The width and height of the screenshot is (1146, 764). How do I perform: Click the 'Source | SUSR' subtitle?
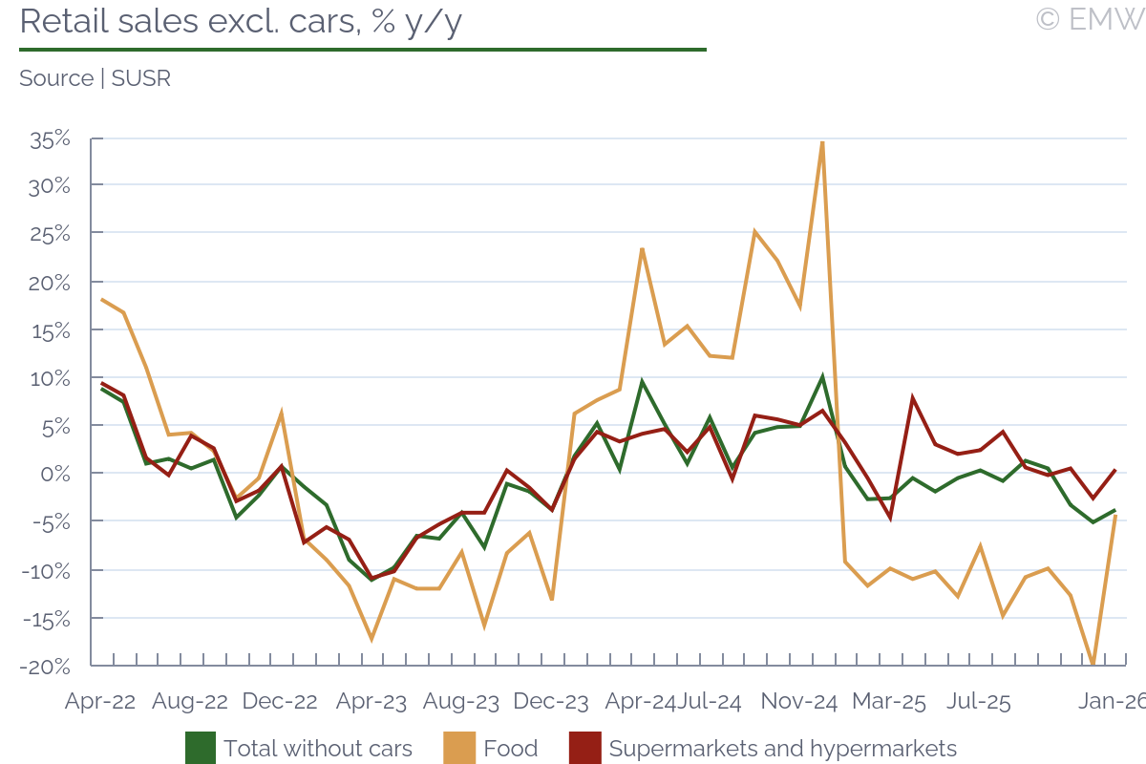(95, 78)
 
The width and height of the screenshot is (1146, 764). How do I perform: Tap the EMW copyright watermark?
(1090, 19)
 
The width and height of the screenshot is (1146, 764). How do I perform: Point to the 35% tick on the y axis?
(51, 138)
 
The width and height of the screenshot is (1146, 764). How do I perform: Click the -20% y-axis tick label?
(49, 666)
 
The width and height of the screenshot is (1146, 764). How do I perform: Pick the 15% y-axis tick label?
(51, 330)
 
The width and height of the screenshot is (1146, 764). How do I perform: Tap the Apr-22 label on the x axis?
(100, 701)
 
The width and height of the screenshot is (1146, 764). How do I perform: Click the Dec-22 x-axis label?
(280, 701)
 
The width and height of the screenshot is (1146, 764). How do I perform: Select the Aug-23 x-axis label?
(461, 701)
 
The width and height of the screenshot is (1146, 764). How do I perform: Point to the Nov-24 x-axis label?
(799, 701)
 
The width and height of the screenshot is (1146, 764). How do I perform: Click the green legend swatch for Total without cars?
(200, 748)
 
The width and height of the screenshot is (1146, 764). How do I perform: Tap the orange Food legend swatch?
(459, 748)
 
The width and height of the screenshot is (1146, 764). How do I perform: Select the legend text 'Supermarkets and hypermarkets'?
(782, 748)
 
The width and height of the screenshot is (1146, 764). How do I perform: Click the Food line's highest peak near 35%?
(822, 142)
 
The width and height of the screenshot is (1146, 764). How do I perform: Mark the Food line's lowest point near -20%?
(1093, 664)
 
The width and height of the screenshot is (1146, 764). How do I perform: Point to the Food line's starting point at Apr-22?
(102, 299)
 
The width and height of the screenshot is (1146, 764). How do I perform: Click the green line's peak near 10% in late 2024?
(822, 376)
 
